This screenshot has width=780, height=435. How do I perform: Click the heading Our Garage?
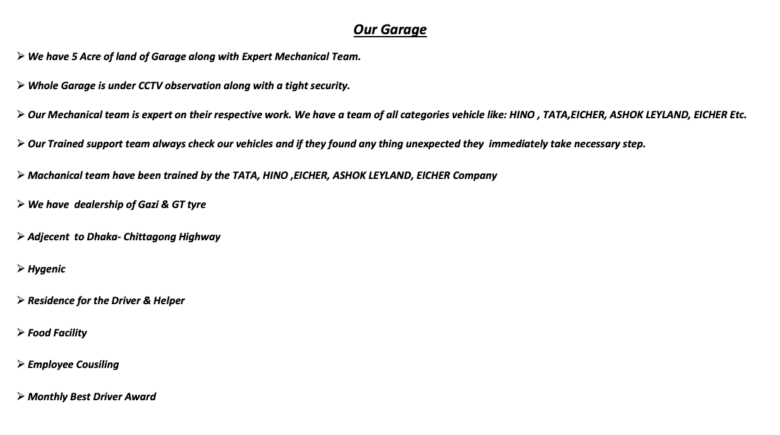tap(390, 30)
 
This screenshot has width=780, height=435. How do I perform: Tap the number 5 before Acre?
tap(75, 56)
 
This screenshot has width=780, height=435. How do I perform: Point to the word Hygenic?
tap(46, 269)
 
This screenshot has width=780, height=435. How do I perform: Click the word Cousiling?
tap(97, 364)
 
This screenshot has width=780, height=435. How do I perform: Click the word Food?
tap(39, 333)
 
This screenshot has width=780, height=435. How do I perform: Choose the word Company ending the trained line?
tap(475, 175)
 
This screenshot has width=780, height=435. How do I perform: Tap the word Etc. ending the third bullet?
tap(736, 114)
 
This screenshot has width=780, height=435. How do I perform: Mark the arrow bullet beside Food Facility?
tap(21, 332)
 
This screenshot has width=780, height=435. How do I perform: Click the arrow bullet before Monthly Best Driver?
tap(21, 396)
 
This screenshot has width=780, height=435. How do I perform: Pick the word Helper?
tap(169, 300)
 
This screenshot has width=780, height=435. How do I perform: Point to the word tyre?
tap(196, 204)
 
